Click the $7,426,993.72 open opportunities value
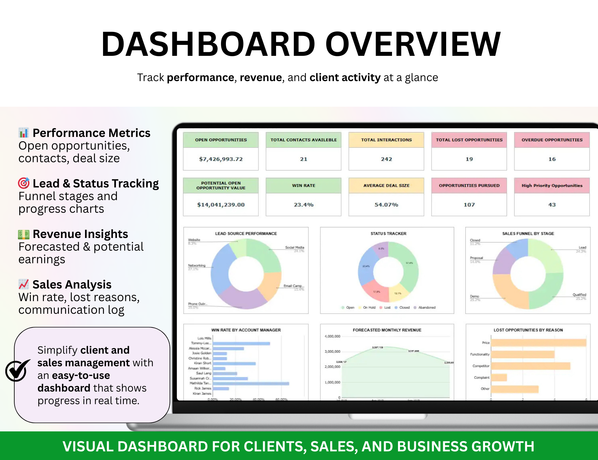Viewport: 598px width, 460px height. coord(221,159)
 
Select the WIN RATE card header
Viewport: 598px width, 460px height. coord(303,185)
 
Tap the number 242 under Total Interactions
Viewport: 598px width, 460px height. coord(386,159)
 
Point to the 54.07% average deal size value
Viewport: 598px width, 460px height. coord(386,205)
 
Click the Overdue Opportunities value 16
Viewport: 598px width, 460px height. coord(552,159)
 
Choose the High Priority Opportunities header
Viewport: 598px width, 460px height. coord(552,185)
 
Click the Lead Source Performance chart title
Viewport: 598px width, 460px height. coord(246,234)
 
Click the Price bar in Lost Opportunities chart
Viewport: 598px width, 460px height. coord(538,343)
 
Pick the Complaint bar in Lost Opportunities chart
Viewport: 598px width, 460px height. coord(499,378)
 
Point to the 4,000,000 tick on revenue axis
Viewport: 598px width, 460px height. coord(332,336)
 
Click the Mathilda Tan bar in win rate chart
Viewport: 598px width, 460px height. coord(251,384)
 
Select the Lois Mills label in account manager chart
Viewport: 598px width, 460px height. coord(204,338)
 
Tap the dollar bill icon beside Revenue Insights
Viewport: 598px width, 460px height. coord(24,234)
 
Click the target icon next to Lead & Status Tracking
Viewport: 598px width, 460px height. coord(24,183)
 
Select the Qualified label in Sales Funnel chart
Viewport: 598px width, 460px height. coord(579,295)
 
